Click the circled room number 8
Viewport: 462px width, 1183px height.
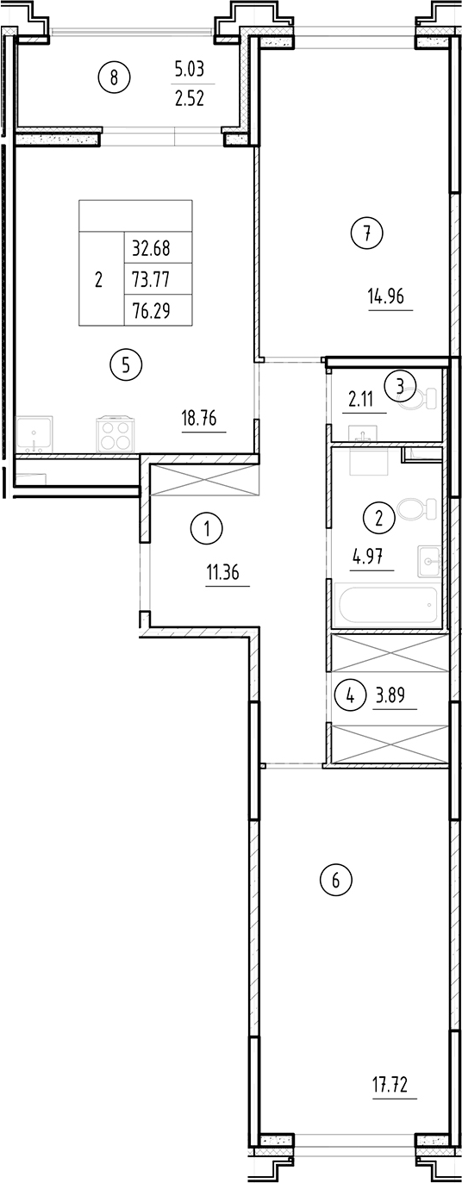(x=114, y=78)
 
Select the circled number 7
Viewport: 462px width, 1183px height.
(x=366, y=233)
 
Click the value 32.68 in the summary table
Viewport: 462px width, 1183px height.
(x=151, y=249)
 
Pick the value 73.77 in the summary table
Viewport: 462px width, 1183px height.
(x=151, y=280)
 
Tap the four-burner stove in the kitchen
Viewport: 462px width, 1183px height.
(x=114, y=433)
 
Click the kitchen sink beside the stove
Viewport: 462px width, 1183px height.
(x=34, y=433)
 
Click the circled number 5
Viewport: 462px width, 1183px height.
(x=126, y=365)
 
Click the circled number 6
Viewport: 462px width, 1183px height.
(x=336, y=881)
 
